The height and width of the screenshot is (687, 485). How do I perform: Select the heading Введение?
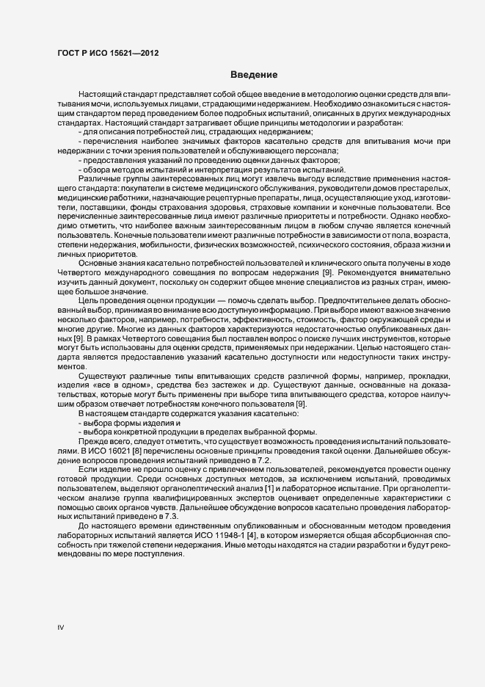254,74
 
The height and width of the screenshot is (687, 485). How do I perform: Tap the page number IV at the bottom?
61,628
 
